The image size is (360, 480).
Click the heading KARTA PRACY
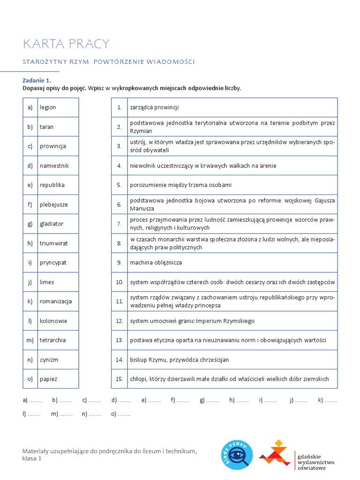pos(66,44)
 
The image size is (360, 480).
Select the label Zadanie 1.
pos(37,80)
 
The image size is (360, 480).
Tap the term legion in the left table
pos(48,107)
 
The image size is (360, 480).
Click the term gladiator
pos(52,224)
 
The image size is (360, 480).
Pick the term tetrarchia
pos(52,340)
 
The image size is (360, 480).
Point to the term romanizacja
pos(56,301)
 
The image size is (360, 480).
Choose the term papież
pos(49,379)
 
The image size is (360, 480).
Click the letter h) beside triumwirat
pos(30,243)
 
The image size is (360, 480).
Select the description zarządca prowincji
pos(154,107)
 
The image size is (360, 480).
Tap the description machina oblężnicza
pos(156,262)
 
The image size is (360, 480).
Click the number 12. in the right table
pos(120,321)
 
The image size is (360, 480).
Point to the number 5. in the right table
pos(120,185)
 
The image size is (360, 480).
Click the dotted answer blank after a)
pos(36,400)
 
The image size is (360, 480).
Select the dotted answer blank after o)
pos(124,414)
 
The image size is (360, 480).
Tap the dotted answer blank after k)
pos(331,400)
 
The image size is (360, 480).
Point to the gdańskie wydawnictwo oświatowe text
pos(315,461)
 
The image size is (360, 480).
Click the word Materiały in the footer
pos(37,451)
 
